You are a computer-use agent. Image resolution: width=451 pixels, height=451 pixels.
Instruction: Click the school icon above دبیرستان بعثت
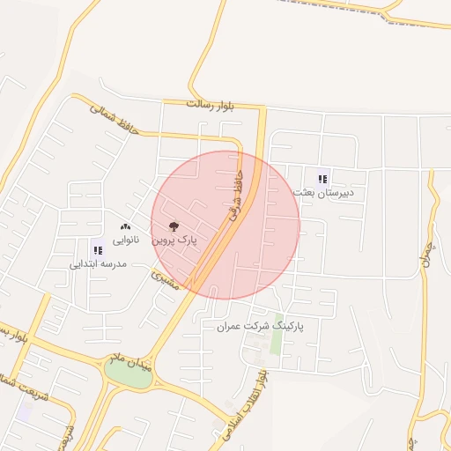click(322, 179)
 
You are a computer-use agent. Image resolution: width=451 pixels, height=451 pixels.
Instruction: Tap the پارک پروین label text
click(174, 239)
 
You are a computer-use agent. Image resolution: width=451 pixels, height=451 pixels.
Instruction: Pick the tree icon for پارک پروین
click(173, 225)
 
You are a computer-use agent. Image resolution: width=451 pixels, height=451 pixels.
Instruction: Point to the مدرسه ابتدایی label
click(99, 263)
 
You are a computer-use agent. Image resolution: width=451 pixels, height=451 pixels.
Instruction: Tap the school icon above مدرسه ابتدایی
click(98, 250)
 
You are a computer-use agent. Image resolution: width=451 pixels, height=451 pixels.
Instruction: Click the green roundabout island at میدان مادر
click(129, 373)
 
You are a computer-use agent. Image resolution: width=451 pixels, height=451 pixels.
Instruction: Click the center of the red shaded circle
click(225, 225)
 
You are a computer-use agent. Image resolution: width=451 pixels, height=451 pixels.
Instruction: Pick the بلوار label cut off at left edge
click(10, 336)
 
